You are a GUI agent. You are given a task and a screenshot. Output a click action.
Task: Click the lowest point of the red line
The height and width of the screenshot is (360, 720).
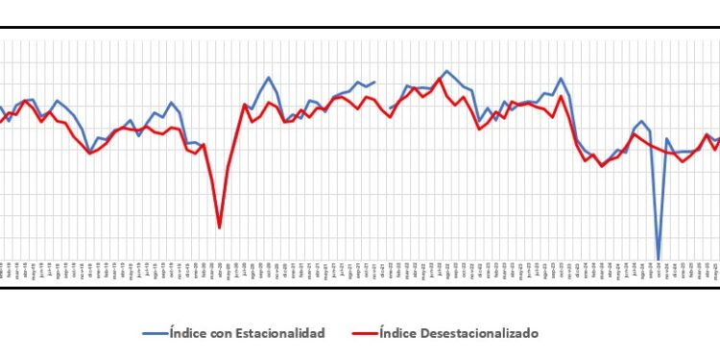pos(220,228)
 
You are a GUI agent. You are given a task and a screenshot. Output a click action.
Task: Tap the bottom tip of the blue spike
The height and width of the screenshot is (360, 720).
pos(659,259)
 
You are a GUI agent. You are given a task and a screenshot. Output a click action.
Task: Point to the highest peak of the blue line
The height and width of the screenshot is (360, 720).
pos(446,71)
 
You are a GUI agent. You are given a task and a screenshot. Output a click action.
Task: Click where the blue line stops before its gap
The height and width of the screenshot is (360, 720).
pos(374,82)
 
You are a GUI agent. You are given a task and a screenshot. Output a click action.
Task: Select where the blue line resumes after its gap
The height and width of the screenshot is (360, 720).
pos(392,108)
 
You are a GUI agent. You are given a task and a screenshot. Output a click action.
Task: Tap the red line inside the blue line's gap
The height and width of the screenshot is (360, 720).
pos(383,108)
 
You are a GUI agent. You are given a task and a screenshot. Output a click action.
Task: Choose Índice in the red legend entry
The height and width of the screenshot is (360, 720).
pos(397,333)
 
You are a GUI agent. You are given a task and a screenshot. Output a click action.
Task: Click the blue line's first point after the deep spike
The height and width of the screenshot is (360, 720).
pos(667,139)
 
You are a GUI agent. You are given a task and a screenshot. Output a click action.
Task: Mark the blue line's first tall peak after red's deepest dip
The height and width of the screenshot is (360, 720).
pos(269,78)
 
